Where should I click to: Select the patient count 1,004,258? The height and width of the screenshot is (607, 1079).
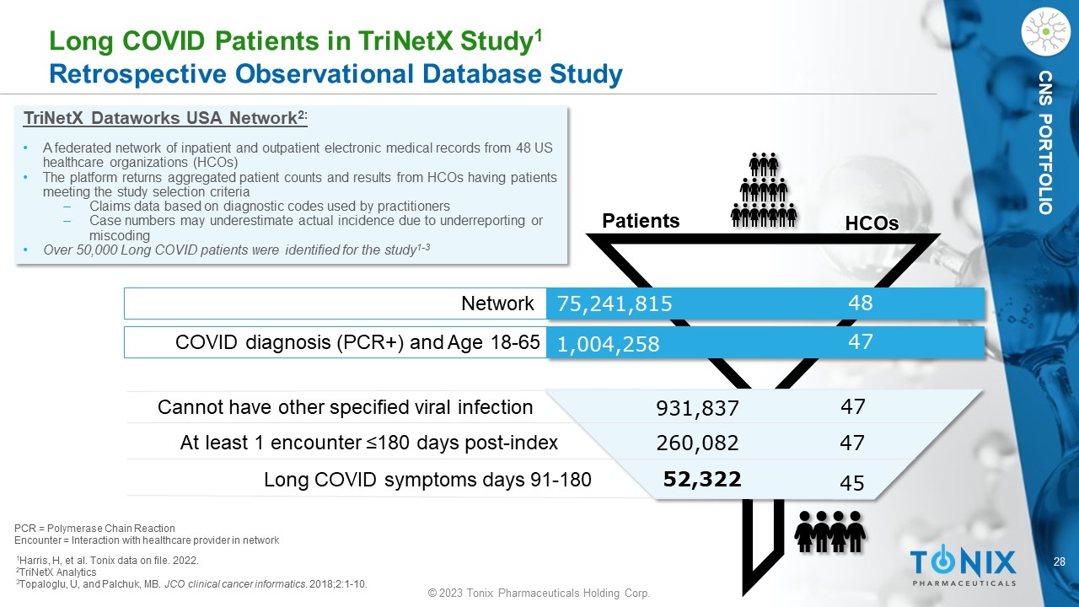(x=605, y=344)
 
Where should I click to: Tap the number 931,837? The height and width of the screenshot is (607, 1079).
(x=697, y=409)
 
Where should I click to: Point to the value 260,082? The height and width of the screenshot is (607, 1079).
(x=697, y=443)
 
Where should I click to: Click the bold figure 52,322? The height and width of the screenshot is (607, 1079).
(x=702, y=480)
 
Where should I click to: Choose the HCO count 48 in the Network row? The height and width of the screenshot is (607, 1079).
(x=860, y=303)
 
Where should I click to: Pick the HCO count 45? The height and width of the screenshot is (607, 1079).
(x=852, y=483)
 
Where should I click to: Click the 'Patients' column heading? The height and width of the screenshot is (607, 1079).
(x=641, y=221)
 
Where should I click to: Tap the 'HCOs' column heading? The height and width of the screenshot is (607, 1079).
(x=872, y=223)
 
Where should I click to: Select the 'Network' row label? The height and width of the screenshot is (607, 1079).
(x=497, y=304)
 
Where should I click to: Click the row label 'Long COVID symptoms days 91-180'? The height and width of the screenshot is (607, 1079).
(x=427, y=480)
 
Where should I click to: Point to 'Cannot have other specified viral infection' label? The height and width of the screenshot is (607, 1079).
(x=345, y=408)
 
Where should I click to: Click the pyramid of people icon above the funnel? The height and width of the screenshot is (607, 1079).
(x=764, y=191)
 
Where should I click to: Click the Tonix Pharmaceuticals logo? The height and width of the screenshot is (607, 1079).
(x=963, y=566)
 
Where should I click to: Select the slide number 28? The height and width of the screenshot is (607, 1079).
(x=1060, y=561)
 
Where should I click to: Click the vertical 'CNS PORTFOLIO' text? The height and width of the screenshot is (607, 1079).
(x=1045, y=142)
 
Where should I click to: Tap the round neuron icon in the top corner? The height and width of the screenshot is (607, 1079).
(x=1045, y=32)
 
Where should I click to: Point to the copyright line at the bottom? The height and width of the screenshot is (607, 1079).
(x=539, y=594)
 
